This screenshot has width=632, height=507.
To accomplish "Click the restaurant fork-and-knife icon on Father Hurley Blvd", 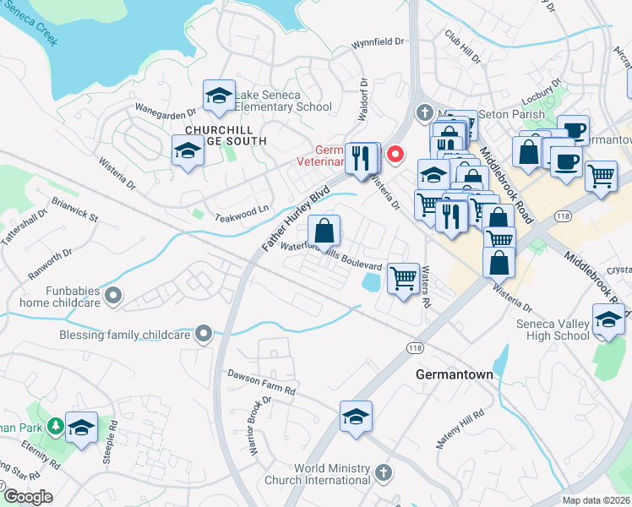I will [362, 156].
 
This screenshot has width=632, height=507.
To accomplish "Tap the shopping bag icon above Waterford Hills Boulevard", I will [324, 229].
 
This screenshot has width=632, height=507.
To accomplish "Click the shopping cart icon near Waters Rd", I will [404, 276].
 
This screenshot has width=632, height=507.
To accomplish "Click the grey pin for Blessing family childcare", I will [203, 335].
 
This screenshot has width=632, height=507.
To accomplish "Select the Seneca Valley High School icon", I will [608, 319].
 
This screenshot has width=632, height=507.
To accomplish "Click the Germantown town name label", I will [454, 373].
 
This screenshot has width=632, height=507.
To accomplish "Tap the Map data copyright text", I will [597, 500].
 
